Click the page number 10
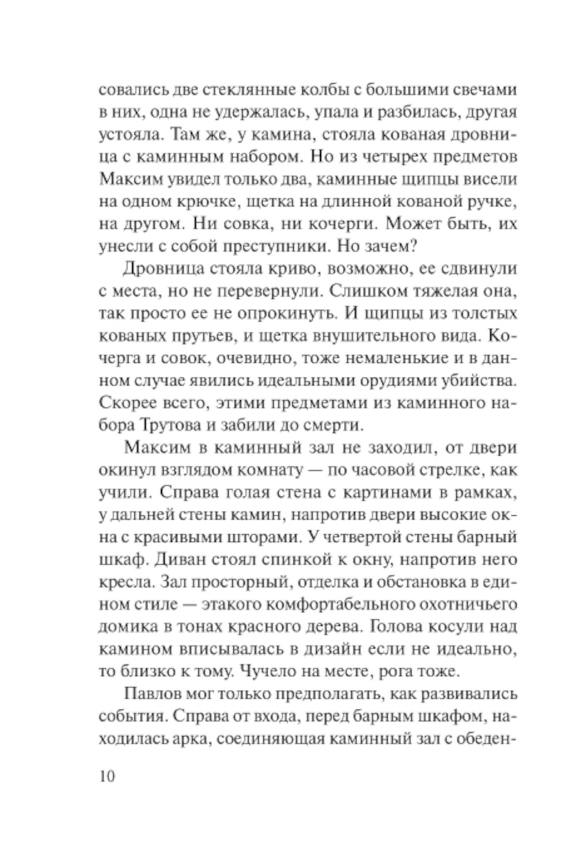coord(107,776)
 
